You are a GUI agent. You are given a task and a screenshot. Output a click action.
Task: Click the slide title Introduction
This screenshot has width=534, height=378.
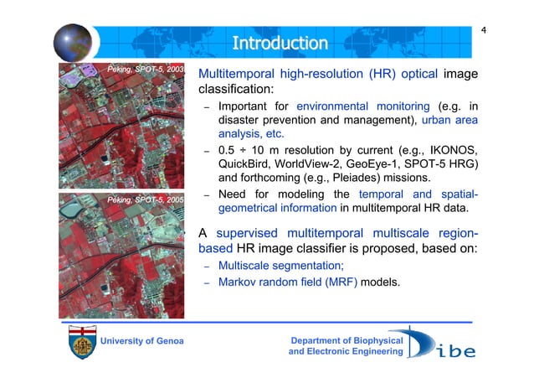(x=280, y=42)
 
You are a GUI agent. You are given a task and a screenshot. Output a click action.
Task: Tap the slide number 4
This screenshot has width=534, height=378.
(x=483, y=32)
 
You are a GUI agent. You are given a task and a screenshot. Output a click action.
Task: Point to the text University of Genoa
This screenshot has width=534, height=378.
(x=141, y=341)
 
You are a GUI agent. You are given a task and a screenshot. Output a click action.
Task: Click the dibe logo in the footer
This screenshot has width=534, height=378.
(x=444, y=344)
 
